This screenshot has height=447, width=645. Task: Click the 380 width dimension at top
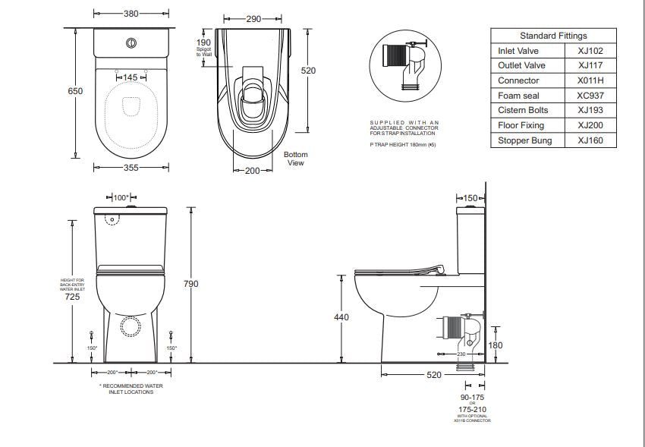click(x=130, y=14)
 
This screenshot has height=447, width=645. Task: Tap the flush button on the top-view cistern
click(x=132, y=43)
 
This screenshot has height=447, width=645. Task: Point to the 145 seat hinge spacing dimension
click(x=131, y=77)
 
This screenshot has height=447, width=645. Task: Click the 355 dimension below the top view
click(x=131, y=168)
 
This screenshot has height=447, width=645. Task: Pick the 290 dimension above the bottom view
click(x=253, y=17)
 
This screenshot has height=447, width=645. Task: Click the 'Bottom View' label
click(x=295, y=159)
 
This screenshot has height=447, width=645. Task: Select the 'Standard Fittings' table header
click(x=553, y=36)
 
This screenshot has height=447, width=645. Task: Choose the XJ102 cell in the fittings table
click(x=591, y=51)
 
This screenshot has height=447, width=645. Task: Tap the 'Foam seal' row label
click(x=518, y=96)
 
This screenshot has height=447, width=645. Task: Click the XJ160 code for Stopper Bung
click(x=591, y=140)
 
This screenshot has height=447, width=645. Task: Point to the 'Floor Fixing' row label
click(x=521, y=125)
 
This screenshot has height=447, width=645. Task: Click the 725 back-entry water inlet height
click(x=72, y=297)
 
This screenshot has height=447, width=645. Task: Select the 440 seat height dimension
click(x=341, y=316)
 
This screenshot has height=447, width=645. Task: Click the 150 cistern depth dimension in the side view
click(x=470, y=198)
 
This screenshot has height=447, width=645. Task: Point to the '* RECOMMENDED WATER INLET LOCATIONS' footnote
click(x=131, y=389)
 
